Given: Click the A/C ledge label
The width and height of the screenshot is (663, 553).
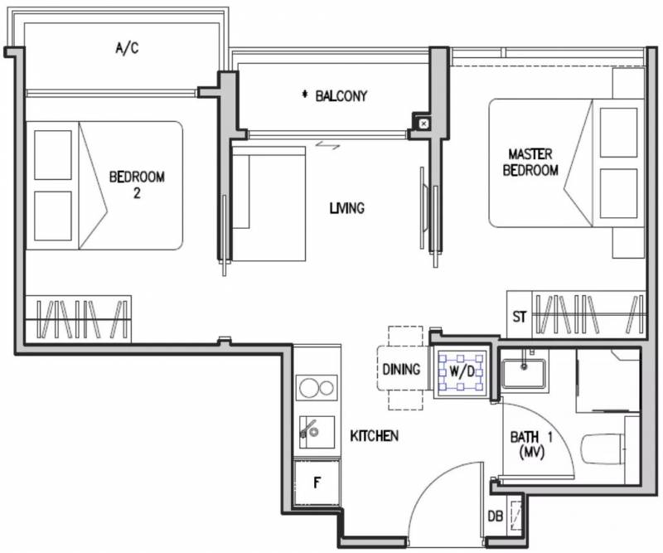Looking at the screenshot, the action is click(127, 48).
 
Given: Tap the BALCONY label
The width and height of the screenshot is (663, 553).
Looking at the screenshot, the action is click(341, 96).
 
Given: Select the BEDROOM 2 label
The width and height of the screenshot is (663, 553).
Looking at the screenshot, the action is click(137, 185).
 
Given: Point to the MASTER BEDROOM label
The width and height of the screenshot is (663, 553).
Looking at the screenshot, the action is click(530, 162).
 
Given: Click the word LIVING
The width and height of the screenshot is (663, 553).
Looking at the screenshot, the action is click(346, 208).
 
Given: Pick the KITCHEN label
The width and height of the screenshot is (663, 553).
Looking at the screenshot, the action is click(375, 436).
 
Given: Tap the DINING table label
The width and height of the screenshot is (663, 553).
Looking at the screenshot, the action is click(401, 370).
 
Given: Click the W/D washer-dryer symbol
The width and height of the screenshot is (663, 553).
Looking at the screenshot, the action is click(462, 372).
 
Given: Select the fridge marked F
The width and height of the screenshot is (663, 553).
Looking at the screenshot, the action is click(317, 483).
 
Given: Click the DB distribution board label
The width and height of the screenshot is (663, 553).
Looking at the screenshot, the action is click(496, 517).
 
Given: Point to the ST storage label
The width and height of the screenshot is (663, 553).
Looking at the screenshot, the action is click(520, 317).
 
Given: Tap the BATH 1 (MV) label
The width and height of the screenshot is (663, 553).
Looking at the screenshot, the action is click(531, 444).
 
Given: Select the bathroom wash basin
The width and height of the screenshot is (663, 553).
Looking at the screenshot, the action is click(524, 373).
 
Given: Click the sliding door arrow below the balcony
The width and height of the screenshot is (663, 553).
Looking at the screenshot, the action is click(327, 146).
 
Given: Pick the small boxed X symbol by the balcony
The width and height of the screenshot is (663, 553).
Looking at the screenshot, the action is click(423, 124).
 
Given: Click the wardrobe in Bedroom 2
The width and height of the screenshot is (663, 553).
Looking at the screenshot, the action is click(78, 319).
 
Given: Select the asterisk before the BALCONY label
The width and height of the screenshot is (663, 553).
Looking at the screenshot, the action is click(304, 95).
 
